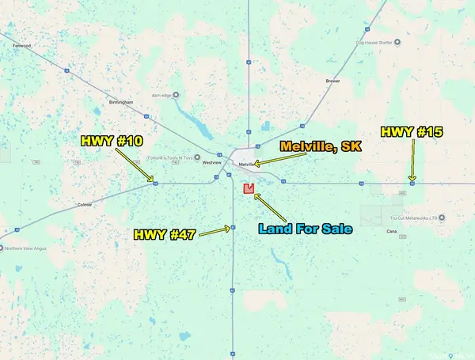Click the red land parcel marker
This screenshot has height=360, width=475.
click(x=249, y=188)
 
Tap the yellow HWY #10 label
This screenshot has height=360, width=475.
click(x=112, y=141)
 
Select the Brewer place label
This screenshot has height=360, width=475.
click(x=332, y=81)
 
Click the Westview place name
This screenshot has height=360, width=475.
click(x=211, y=162)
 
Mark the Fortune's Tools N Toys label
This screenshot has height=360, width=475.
click(x=175, y=157)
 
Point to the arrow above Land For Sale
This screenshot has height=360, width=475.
click(x=269, y=204)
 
